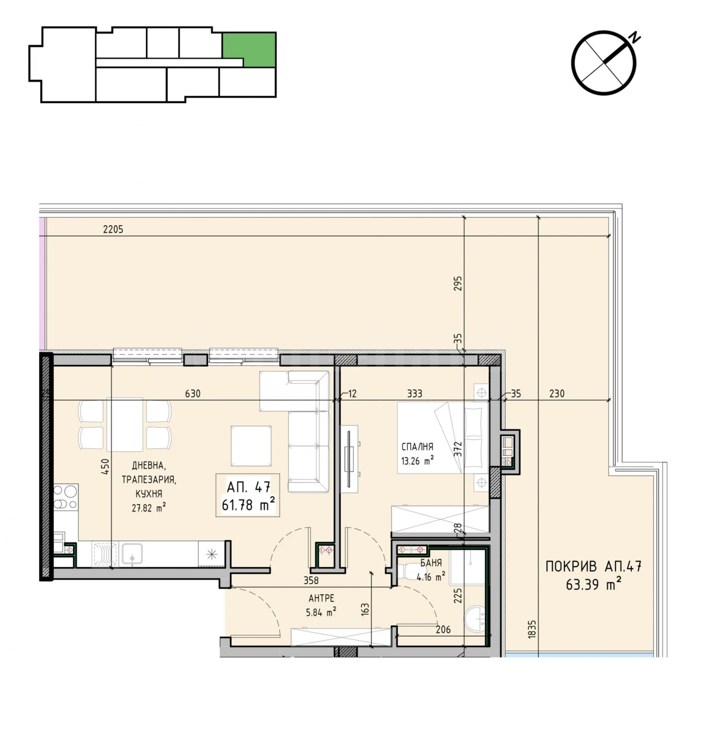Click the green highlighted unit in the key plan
click(x=249, y=49)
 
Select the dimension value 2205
click(x=113, y=229)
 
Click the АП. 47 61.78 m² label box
click(x=248, y=495)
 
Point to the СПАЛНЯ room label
click(x=417, y=447)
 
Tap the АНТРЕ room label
click(x=321, y=598)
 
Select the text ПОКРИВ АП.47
click(x=593, y=566)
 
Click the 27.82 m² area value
click(x=149, y=508)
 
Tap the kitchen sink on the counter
click(x=132, y=554)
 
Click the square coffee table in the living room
click(x=251, y=446)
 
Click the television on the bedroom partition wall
click(x=349, y=458)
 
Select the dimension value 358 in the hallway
click(x=311, y=580)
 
